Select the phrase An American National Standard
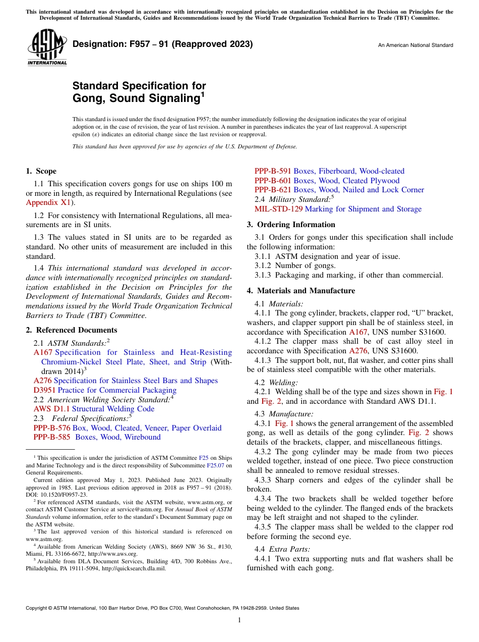point(415,45)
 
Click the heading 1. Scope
point(41,171)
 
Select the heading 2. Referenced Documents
point(72,330)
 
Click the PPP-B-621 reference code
point(273,190)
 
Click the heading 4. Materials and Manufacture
point(301,291)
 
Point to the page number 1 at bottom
point(239,620)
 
